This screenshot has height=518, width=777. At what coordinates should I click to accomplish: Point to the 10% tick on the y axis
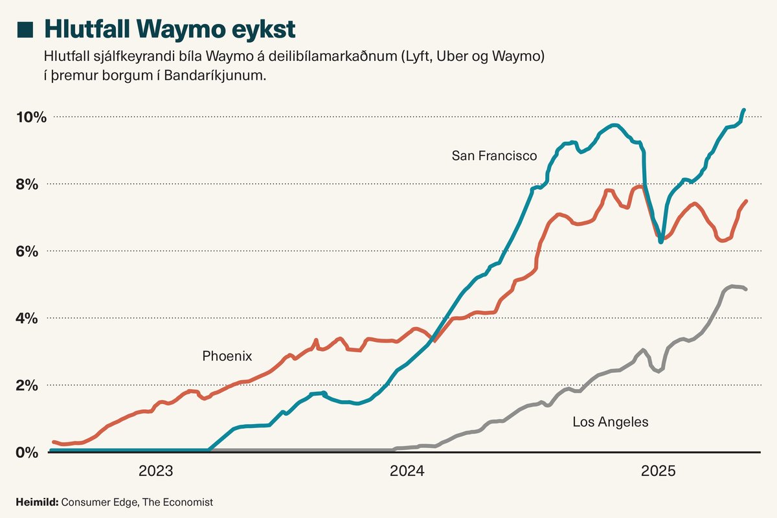point(32,117)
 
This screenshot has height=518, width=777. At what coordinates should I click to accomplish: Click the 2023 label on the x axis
point(156,471)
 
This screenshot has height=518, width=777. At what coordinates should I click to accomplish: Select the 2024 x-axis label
point(407,471)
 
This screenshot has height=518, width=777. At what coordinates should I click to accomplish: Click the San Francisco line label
point(494,155)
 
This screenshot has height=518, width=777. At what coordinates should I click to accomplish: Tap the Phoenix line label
point(227,356)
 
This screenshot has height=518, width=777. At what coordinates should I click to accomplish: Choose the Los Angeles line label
point(610,422)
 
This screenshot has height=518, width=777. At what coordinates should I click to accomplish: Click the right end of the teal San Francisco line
point(744,110)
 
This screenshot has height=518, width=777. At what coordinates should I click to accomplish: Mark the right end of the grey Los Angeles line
point(746,289)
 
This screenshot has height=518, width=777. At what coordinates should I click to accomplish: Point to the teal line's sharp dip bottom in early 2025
point(660,242)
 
